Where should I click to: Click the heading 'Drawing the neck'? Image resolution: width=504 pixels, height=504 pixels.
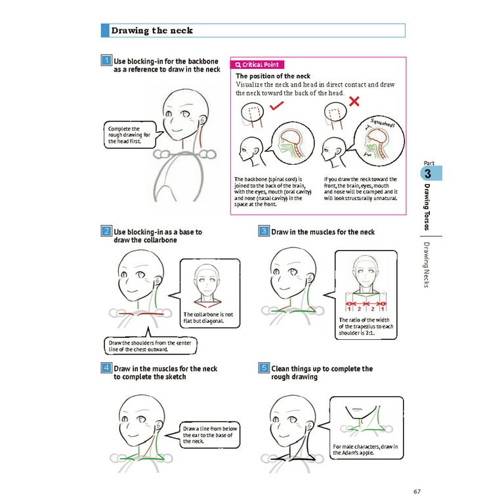[x=152, y=30]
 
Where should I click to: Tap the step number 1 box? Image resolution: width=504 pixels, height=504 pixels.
[x=106, y=61]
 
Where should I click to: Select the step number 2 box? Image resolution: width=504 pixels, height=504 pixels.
[x=106, y=231]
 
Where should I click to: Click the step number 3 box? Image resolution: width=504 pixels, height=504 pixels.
[x=263, y=231]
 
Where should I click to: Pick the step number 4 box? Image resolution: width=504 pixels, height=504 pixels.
[x=106, y=368]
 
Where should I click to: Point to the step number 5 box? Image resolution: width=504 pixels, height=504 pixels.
[x=263, y=368]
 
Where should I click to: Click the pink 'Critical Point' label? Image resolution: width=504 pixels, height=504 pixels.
[x=257, y=64]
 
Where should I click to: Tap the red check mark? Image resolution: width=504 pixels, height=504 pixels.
[x=277, y=104]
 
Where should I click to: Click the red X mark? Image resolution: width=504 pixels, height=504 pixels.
[x=354, y=101]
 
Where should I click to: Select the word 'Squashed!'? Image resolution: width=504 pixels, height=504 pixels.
[x=381, y=123]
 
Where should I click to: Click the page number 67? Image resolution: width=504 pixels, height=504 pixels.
[x=417, y=491]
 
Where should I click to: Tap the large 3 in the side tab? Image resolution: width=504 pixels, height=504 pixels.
[x=427, y=175]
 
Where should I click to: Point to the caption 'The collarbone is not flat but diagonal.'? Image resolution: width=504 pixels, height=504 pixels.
[x=208, y=318]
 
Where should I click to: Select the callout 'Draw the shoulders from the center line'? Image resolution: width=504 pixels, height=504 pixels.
[x=150, y=346]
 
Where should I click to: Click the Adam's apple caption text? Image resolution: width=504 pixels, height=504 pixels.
[x=365, y=450]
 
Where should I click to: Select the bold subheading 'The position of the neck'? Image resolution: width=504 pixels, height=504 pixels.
[x=273, y=76]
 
